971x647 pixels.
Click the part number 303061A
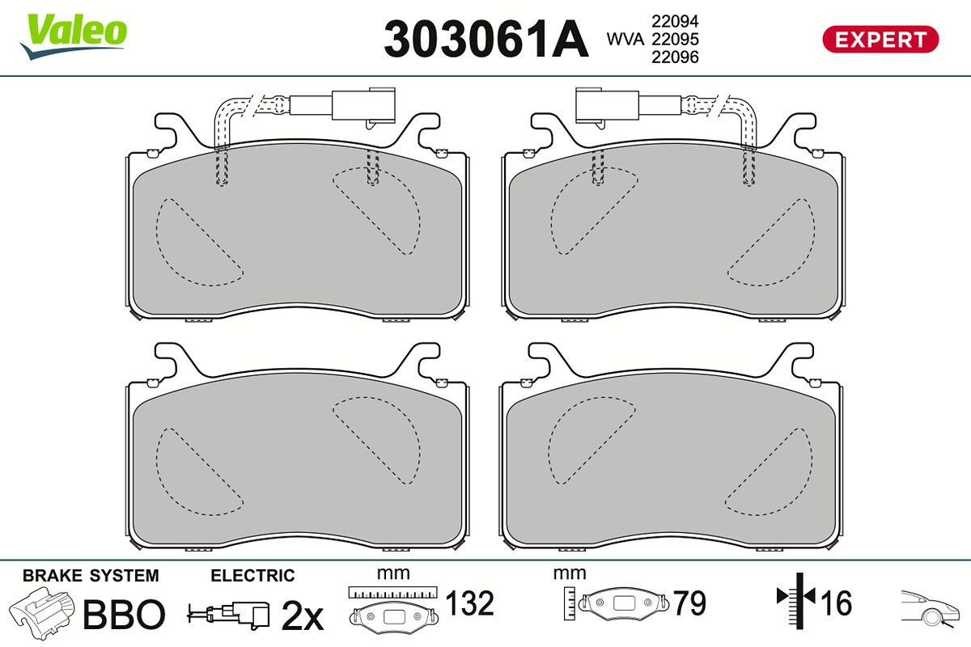tap(486, 39)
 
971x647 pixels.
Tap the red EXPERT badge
tap(880, 40)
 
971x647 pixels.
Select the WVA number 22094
tap(675, 21)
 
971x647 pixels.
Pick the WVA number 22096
tap(675, 57)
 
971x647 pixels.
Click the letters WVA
tap(625, 40)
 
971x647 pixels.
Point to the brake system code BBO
tap(124, 614)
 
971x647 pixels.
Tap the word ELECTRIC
tap(252, 576)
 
